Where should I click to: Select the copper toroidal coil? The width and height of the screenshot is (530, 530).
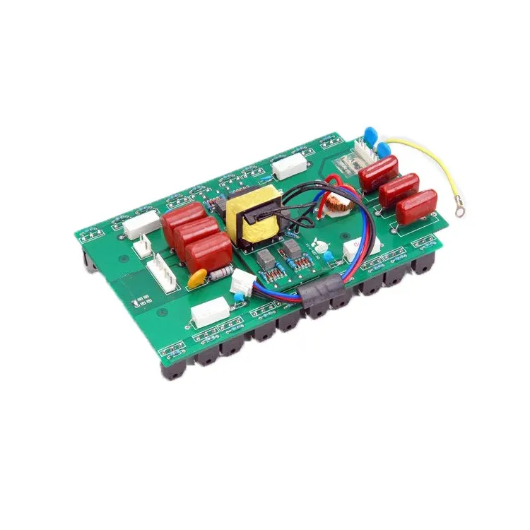(x=339, y=206)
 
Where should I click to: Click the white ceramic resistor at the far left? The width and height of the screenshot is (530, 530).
(x=139, y=226)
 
